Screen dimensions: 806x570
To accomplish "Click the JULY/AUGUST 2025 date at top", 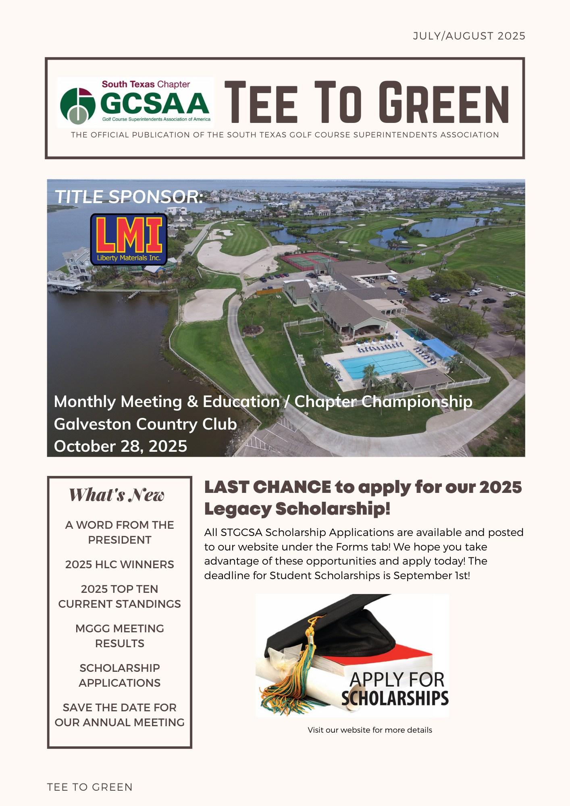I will (x=469, y=36).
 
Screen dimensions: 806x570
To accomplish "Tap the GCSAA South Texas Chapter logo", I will (x=135, y=102).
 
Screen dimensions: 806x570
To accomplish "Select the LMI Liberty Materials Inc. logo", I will (x=129, y=239).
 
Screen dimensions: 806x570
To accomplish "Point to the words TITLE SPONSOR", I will (x=129, y=197).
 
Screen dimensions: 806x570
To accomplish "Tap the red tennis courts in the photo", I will (x=308, y=260).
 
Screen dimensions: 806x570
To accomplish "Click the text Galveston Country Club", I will (x=145, y=424).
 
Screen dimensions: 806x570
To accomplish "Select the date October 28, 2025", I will (x=121, y=446).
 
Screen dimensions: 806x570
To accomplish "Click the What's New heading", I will (x=116, y=495).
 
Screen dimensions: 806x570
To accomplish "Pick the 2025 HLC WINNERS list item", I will (x=119, y=564).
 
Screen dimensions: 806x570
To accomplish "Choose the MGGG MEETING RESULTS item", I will (x=119, y=636).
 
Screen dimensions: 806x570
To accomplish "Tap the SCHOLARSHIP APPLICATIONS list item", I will (x=119, y=675).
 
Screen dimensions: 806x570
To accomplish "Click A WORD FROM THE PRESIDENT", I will (x=119, y=532).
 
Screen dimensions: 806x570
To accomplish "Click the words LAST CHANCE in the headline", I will (x=268, y=487).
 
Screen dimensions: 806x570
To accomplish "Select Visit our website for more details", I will (x=370, y=730).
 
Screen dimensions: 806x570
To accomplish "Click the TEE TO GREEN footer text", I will (x=89, y=787).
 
